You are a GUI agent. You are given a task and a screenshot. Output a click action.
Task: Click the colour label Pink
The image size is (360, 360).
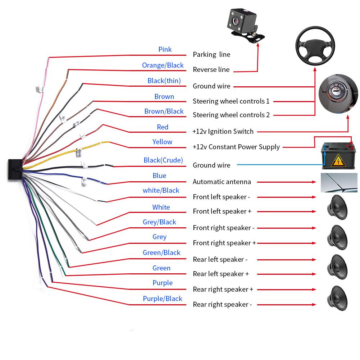(x=165, y=49)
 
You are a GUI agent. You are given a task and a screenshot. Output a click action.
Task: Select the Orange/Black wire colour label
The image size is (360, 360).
(x=163, y=65)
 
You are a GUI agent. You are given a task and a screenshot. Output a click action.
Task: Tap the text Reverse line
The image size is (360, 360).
(x=211, y=69)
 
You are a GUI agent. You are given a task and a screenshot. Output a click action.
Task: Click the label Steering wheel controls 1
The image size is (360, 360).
(x=231, y=101)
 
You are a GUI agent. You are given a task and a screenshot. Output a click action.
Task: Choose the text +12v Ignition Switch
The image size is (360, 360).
(x=223, y=131)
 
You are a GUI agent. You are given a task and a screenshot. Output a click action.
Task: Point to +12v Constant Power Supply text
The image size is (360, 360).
(x=236, y=147)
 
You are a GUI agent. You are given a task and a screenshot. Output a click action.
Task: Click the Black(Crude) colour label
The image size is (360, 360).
(x=163, y=160)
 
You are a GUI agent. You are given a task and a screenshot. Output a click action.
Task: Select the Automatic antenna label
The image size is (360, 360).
(x=222, y=182)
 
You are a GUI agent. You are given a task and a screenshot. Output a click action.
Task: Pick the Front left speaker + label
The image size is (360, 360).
(x=222, y=211)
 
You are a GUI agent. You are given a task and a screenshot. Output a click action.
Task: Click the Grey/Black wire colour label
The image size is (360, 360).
(x=159, y=222)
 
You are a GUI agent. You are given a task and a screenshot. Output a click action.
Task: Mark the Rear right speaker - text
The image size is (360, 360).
(x=222, y=304)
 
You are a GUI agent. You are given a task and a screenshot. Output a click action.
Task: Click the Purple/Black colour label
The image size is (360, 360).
(x=163, y=299)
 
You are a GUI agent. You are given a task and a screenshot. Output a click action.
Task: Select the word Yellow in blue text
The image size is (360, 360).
(x=162, y=142)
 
